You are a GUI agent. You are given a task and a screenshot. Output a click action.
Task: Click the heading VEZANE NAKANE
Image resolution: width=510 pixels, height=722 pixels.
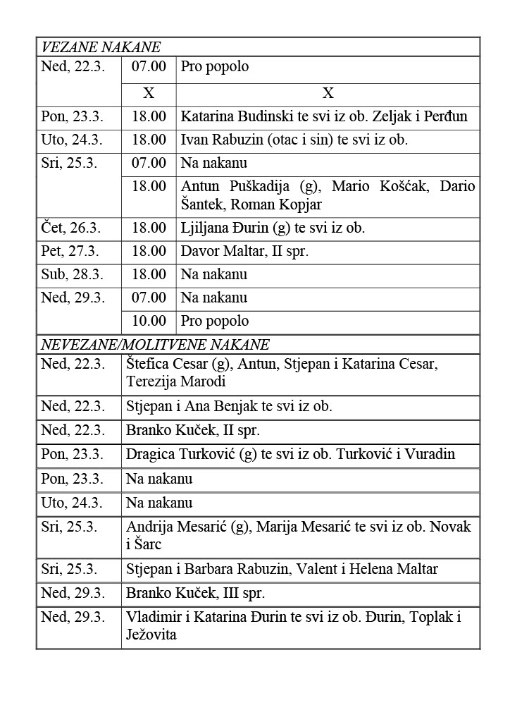101,47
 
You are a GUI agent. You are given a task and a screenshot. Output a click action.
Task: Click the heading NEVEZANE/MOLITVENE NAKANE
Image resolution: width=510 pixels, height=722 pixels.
154,345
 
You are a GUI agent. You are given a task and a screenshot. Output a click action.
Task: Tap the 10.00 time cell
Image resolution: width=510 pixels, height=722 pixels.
149,321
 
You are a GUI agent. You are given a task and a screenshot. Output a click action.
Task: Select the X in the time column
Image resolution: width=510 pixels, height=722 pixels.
149,94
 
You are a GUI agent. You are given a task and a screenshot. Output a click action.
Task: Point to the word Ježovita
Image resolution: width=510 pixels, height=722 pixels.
151,635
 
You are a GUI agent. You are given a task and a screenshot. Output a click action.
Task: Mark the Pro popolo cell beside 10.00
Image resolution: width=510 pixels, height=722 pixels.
215,321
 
